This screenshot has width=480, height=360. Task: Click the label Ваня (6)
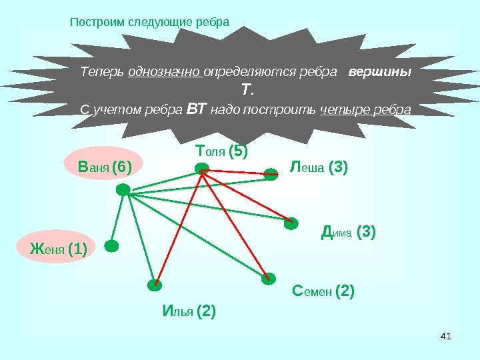(105, 165)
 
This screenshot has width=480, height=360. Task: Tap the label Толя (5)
(221, 153)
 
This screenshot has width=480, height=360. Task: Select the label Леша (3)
(320, 166)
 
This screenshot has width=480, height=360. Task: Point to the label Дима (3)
(348, 233)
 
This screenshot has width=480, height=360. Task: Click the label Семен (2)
(323, 291)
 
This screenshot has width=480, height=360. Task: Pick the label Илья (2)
(189, 311)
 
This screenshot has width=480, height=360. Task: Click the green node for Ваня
(123, 190)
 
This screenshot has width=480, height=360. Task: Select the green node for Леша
(271, 175)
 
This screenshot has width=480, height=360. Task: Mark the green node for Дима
(291, 223)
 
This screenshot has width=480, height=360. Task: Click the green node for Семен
(268, 279)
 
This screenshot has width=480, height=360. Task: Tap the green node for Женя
(111, 246)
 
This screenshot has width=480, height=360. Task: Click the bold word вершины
(381, 72)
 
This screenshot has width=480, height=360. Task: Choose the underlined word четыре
(344, 109)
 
